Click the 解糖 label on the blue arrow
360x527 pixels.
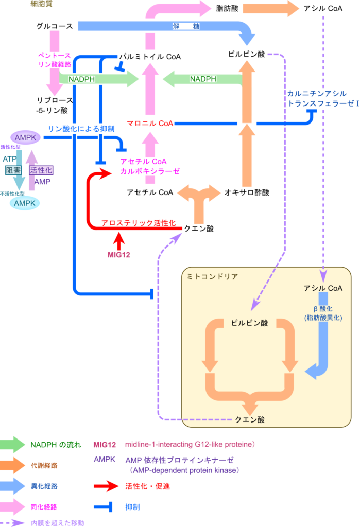click(x=186, y=26)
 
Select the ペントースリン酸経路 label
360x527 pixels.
click(x=54, y=60)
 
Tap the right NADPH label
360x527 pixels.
click(x=203, y=79)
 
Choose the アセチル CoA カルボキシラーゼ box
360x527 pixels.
click(x=150, y=166)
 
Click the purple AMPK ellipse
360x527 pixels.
click(x=25, y=137)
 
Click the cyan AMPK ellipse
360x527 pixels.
click(x=25, y=203)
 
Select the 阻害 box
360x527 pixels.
click(x=13, y=170)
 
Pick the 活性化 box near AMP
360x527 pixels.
click(x=41, y=170)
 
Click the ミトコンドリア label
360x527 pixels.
click(x=212, y=276)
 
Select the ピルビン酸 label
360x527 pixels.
click(x=249, y=323)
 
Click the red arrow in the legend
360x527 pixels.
click(x=107, y=486)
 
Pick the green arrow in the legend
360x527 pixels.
click(x=12, y=445)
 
